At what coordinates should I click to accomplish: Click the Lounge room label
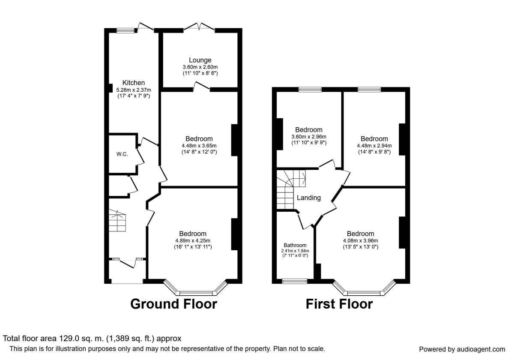tap(200, 60)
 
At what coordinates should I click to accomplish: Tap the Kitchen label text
tap(133, 83)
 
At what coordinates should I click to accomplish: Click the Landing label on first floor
tap(309, 198)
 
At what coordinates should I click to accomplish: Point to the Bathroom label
tap(295, 245)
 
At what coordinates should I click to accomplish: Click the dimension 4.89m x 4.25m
tap(193, 240)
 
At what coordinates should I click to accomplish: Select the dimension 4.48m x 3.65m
tap(199, 145)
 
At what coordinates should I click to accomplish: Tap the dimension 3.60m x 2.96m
tap(309, 136)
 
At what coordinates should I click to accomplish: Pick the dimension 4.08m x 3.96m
tap(360, 240)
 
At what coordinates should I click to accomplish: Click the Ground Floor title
tap(173, 304)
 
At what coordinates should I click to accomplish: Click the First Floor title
tap(339, 304)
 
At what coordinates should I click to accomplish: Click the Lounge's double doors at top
tap(199, 27)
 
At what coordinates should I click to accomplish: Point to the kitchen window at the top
tap(126, 30)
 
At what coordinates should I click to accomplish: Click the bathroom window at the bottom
tap(295, 281)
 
